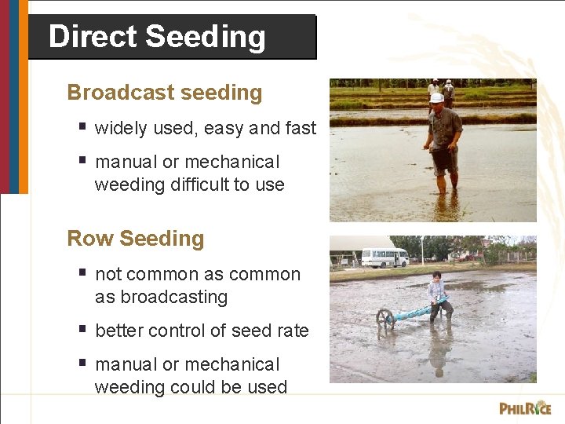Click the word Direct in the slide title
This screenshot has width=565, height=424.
click(93, 37)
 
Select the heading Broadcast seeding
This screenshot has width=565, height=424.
click(165, 93)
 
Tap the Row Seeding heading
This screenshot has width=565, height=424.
click(136, 239)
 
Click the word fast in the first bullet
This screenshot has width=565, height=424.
click(300, 129)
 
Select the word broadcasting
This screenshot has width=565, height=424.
click(161, 298)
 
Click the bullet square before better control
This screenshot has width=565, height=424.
click(82, 330)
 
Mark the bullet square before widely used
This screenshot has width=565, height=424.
click(82, 127)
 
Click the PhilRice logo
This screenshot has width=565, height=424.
click(525, 408)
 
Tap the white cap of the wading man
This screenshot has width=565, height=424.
click(437, 98)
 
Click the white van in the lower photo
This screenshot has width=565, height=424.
click(385, 258)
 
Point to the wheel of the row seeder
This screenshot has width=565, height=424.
click(385, 317)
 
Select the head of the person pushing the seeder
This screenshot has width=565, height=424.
click(436, 277)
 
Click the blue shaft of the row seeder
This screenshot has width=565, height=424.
click(416, 312)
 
